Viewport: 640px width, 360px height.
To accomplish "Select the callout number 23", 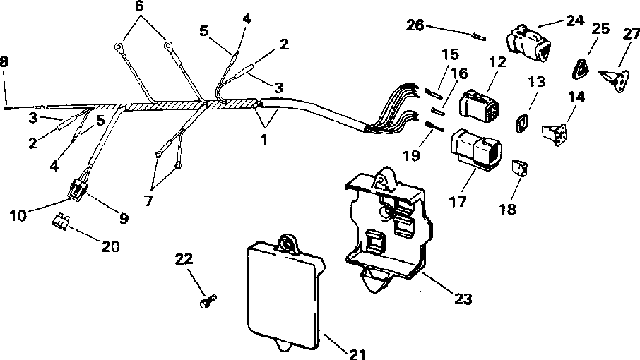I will coord(461,299).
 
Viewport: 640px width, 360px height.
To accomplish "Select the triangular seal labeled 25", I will coord(579,68).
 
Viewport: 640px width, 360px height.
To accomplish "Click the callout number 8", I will coord(6,61).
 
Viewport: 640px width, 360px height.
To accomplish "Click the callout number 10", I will coord(19,214).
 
